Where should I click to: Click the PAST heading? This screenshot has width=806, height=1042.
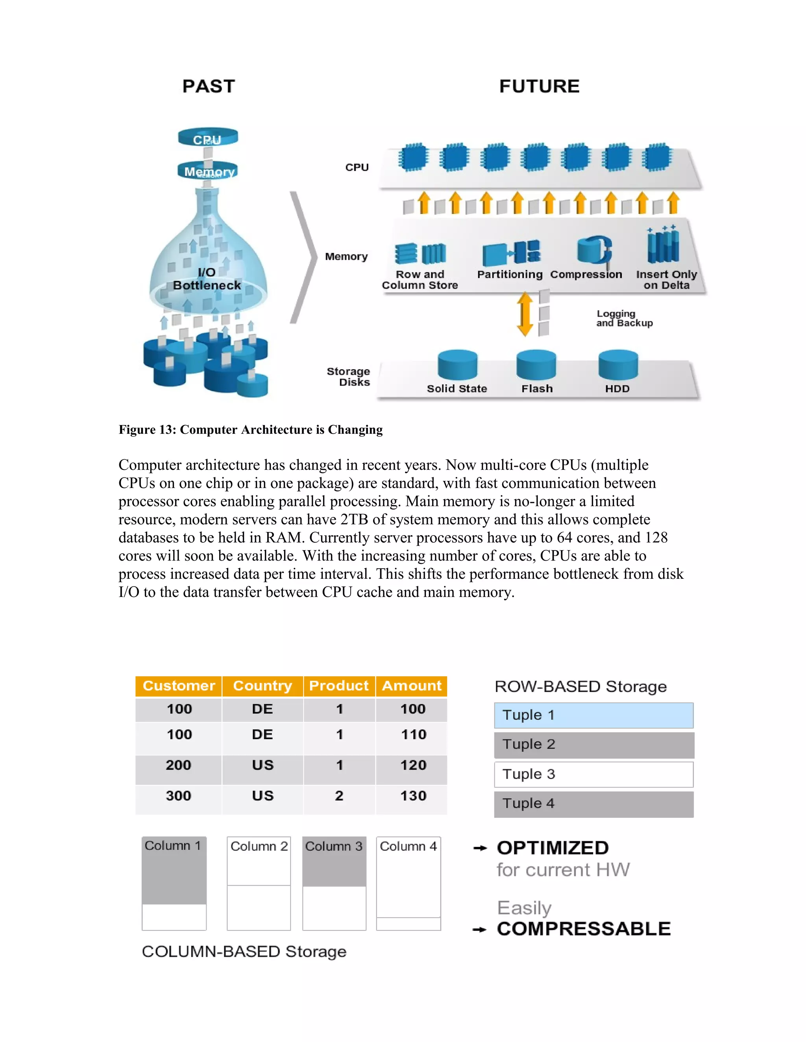point(209,87)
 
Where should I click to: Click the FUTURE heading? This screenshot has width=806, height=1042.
point(539,87)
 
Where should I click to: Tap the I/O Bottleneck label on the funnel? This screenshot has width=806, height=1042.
point(207,279)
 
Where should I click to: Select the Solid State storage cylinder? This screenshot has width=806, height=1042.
point(457,365)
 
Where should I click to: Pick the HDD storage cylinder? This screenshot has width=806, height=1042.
point(618,365)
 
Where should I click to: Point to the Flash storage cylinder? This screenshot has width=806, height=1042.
point(536,365)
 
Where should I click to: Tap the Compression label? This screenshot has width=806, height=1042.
point(586,274)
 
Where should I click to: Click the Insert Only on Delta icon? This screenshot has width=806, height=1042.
point(663,246)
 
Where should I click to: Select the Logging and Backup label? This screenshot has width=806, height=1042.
point(624,318)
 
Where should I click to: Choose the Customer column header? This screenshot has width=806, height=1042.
point(179,686)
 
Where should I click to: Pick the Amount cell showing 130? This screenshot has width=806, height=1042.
point(412,796)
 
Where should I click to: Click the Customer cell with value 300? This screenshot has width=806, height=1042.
point(179,796)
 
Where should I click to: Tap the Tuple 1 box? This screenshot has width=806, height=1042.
point(593,715)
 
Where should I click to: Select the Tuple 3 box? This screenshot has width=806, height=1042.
point(593,774)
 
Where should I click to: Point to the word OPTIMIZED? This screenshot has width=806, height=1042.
point(553,848)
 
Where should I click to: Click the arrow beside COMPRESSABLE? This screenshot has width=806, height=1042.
point(479,930)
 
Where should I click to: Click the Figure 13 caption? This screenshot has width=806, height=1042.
point(251,429)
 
